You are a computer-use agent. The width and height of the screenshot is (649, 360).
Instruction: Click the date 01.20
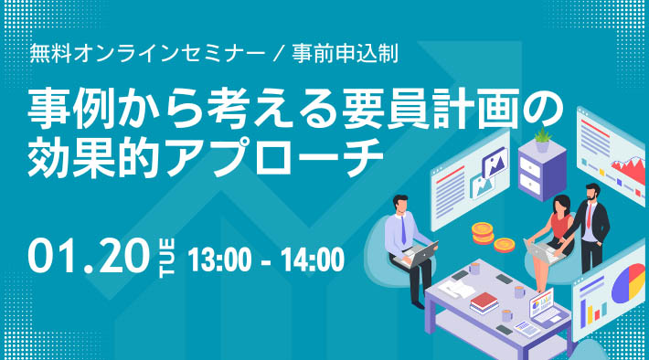(x=87, y=256)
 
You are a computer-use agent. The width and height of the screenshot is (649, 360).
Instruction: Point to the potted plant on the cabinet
(x=542, y=140)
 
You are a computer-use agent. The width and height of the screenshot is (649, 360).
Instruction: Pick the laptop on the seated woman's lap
(x=540, y=248)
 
